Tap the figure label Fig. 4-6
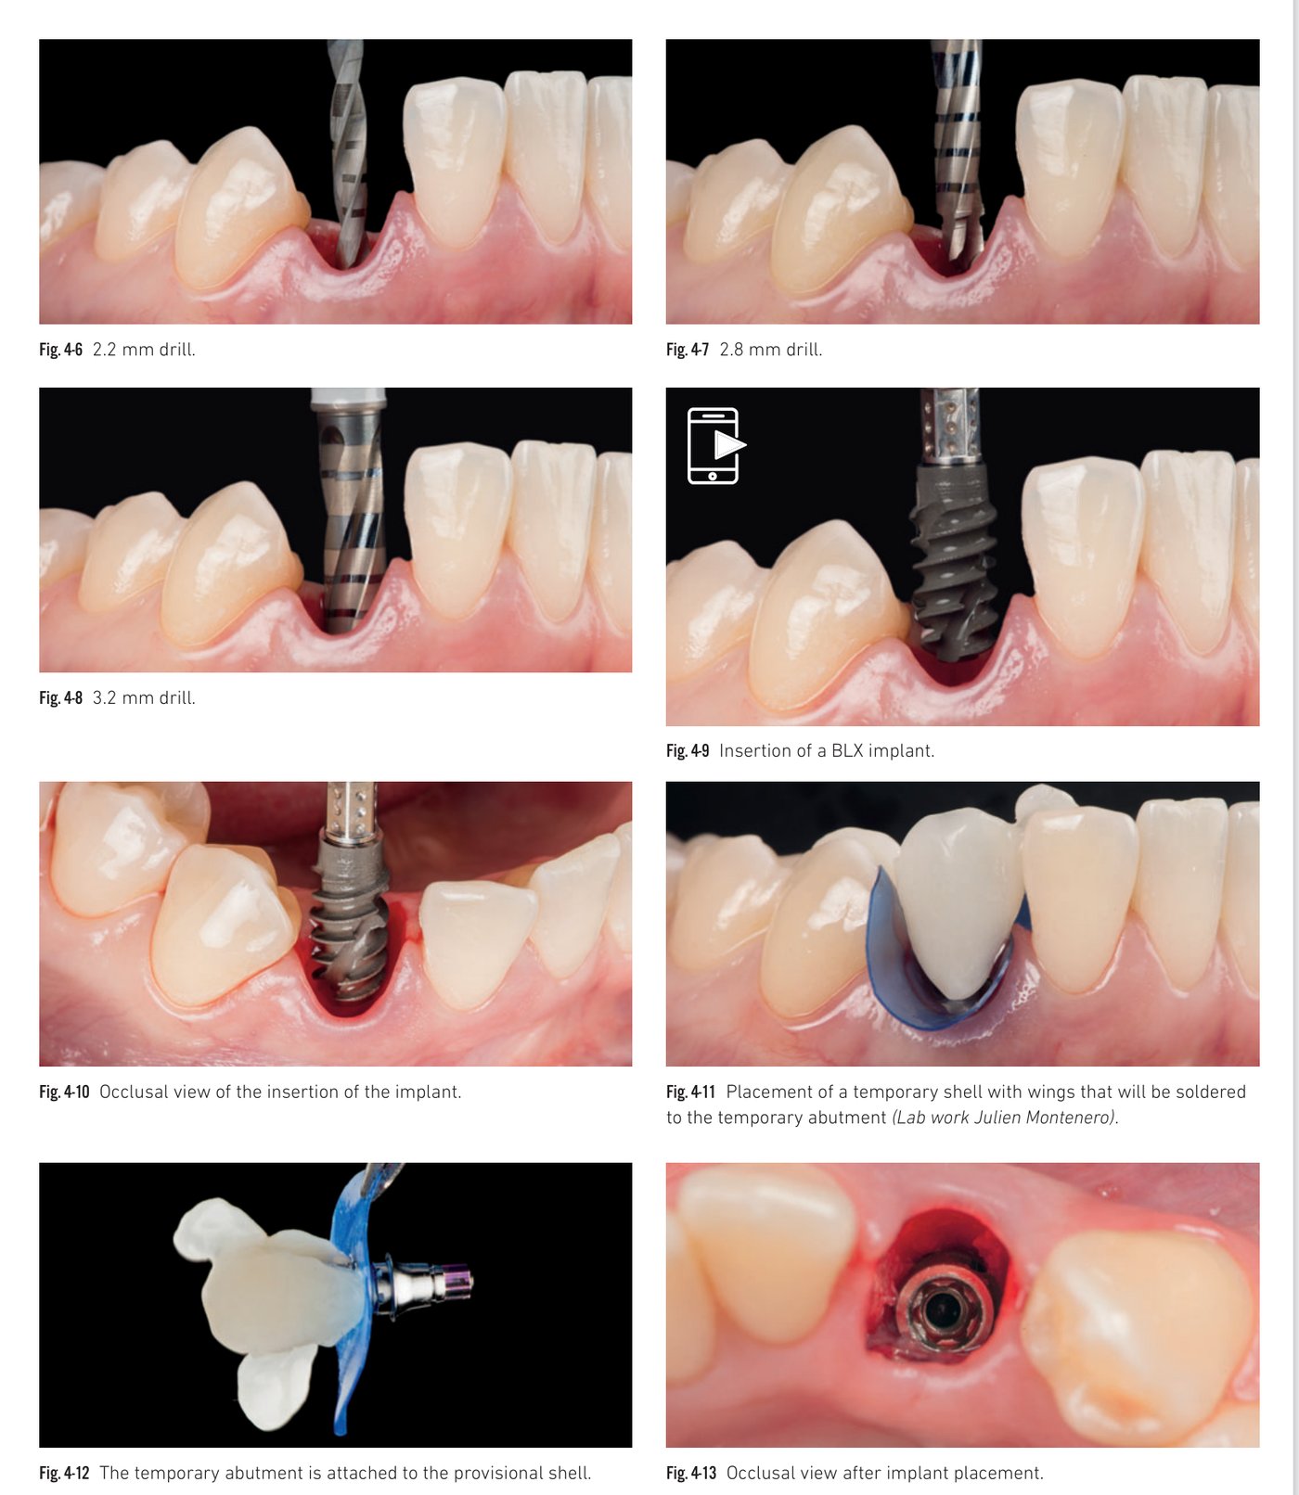pyautogui.click(x=60, y=350)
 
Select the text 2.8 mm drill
pyautogui.click(x=770, y=350)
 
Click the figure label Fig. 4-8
pyautogui.click(x=60, y=697)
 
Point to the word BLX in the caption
pyautogui.click(x=846, y=750)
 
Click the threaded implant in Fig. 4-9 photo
pyautogui.click(x=954, y=566)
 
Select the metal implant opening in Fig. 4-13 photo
pyautogui.click(x=943, y=1308)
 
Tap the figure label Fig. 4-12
pyautogui.click(x=64, y=1473)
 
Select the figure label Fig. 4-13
pyautogui.click(x=691, y=1473)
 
